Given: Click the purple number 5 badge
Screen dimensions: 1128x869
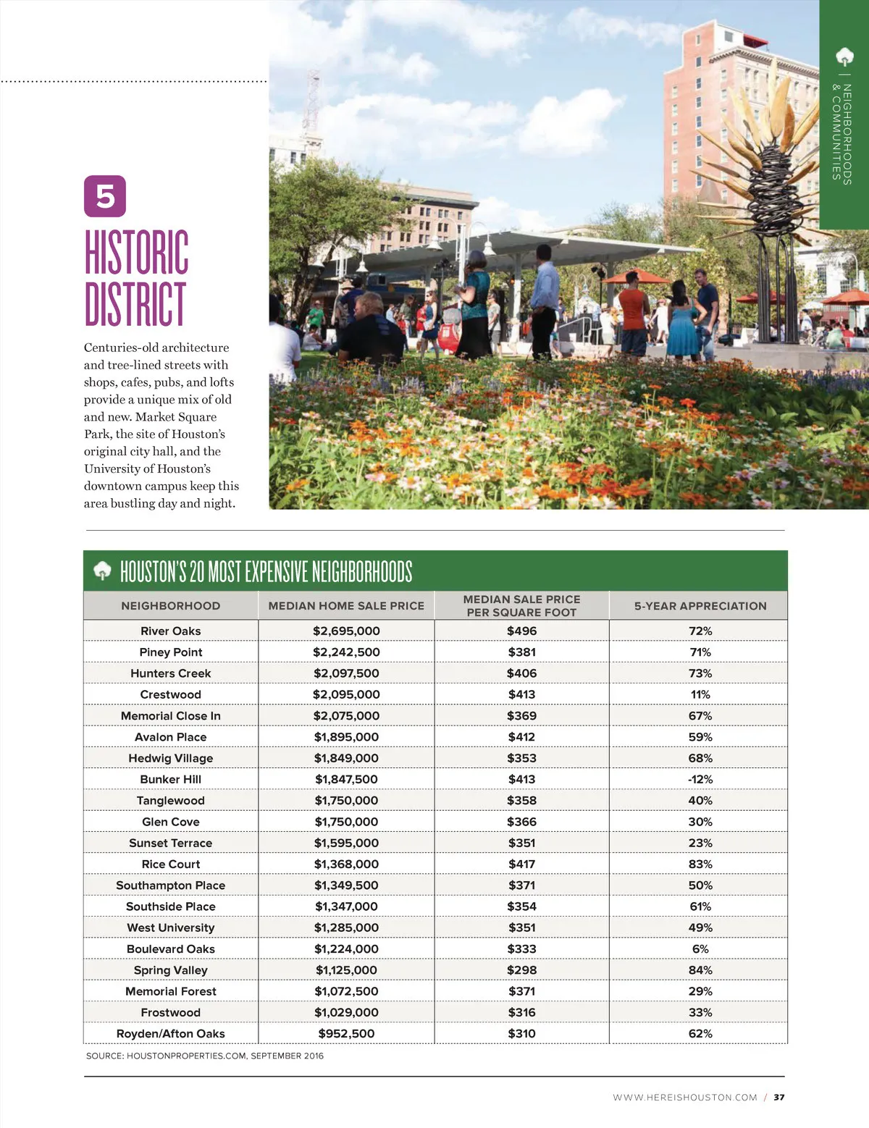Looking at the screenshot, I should coord(105,196).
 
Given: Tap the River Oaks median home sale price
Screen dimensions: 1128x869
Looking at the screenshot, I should coord(346,631).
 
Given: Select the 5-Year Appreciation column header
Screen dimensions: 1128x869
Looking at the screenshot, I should coord(700,606).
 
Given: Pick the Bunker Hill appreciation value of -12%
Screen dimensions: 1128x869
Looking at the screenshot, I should coord(700,779).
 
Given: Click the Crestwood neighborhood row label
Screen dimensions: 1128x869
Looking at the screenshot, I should coord(170,694).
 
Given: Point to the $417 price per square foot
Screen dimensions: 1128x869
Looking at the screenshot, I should coord(521,864).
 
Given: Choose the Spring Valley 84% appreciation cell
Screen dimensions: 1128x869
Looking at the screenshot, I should coord(700,970).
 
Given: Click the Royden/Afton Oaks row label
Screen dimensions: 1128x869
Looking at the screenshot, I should coord(170,1034).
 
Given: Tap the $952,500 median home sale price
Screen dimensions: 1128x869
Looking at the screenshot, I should coord(346,1034).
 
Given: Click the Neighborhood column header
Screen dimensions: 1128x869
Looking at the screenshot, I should coord(170,606).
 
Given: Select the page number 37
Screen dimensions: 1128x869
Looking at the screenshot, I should coord(779,1098).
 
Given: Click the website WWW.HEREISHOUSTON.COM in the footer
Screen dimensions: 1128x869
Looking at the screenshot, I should coord(684,1098).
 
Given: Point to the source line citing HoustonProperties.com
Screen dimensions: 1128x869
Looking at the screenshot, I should coord(205,1056).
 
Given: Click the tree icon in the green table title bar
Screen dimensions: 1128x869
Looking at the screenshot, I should coord(102,571).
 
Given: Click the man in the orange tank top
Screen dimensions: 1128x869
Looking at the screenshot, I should coord(634,311).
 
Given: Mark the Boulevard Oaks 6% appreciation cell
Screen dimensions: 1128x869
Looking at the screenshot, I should coord(700,949).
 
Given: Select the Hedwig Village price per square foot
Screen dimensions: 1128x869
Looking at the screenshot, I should coord(521,758).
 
